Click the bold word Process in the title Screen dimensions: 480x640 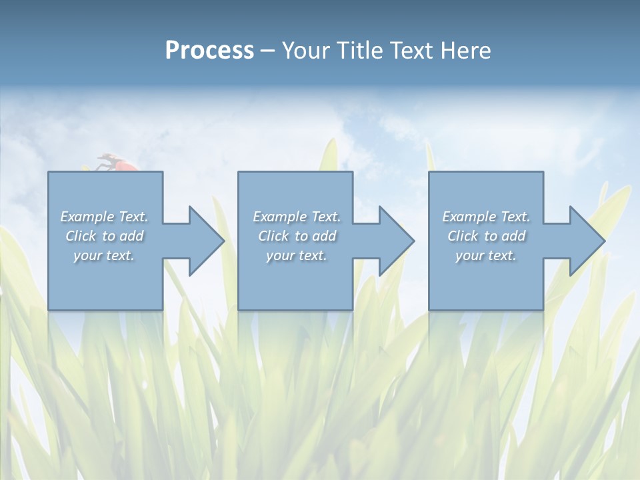[x=209, y=51]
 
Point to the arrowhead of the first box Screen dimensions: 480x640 [x=206, y=241]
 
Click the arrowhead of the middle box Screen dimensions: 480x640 [x=396, y=241]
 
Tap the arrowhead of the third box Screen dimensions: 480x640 [x=587, y=241]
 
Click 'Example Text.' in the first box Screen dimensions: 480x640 [x=104, y=217]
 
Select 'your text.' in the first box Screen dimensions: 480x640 [x=104, y=255]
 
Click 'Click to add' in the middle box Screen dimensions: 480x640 [x=297, y=236]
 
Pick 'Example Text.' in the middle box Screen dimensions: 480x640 [x=297, y=217]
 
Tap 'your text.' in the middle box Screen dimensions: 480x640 [x=297, y=255]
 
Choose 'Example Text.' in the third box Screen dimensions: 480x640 [x=486, y=217]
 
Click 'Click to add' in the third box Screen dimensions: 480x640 [x=486, y=236]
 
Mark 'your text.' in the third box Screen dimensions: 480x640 [x=486, y=255]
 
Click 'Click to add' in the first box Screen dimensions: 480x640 [x=104, y=236]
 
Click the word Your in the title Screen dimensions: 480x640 [x=306, y=51]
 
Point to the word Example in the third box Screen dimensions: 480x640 [x=469, y=217]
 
